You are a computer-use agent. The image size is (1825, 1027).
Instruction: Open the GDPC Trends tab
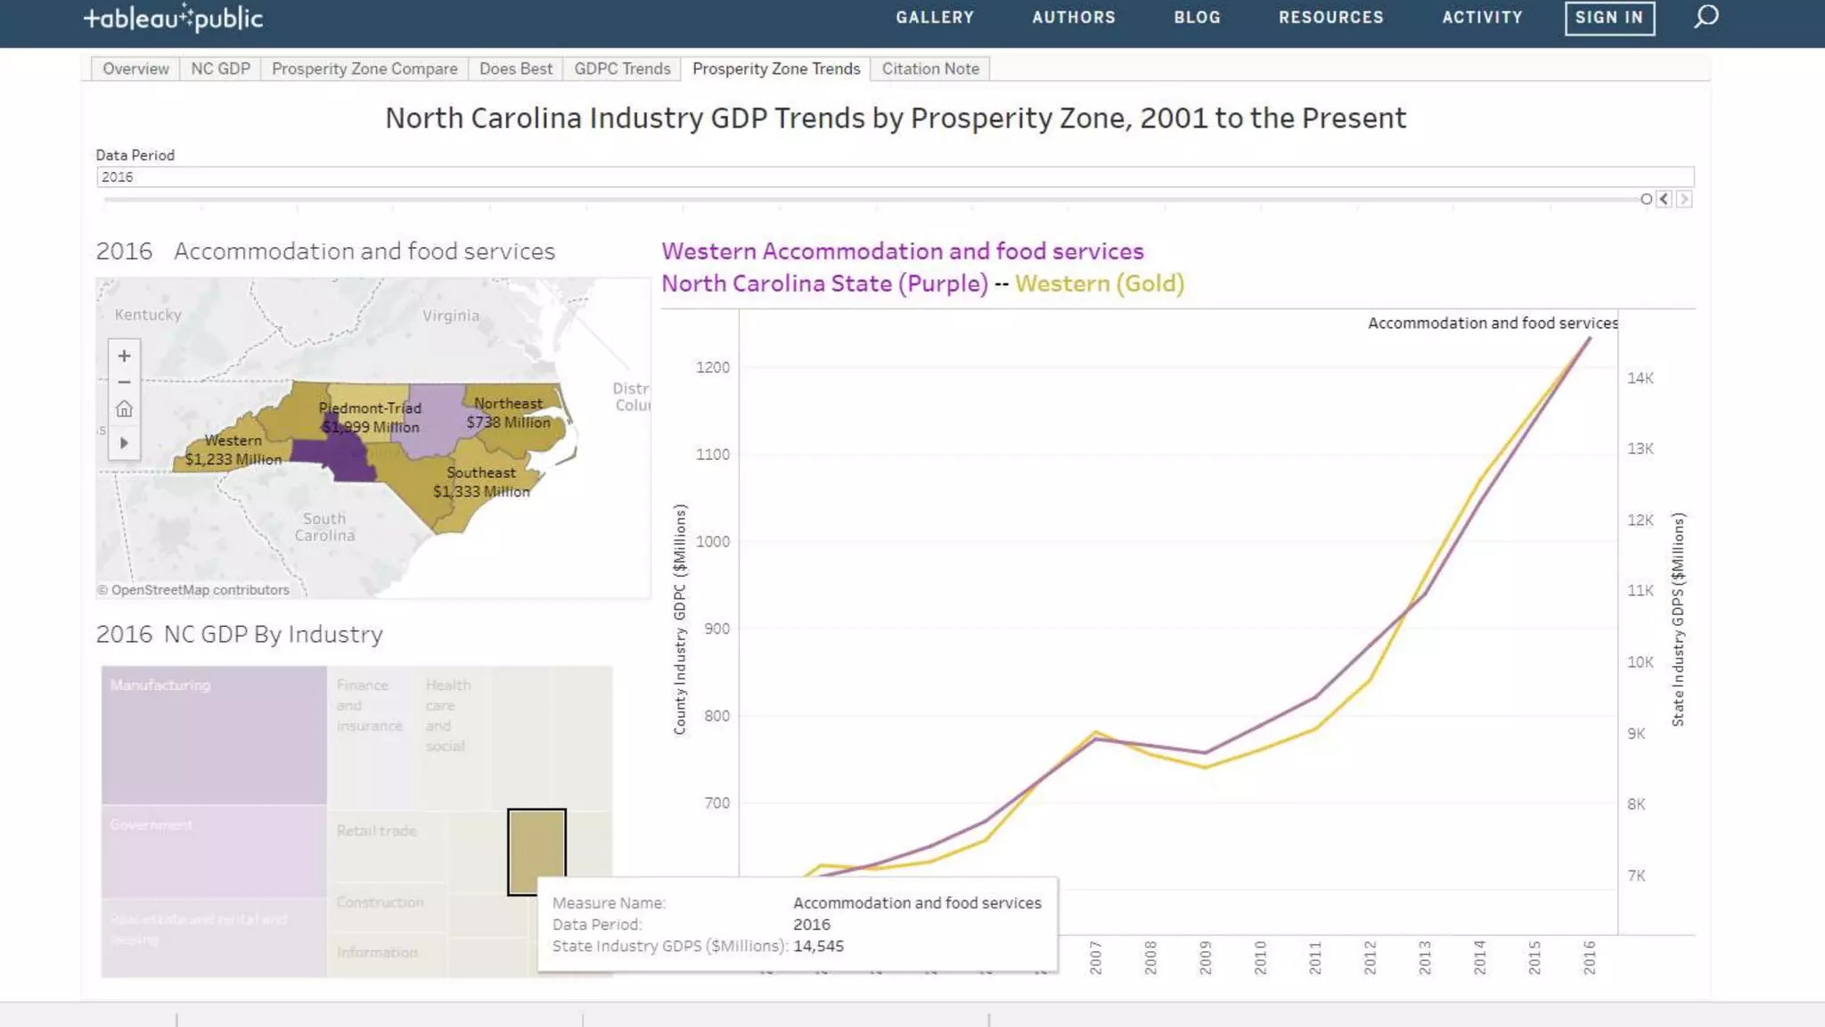622,69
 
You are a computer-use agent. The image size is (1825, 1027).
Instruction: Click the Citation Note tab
929,69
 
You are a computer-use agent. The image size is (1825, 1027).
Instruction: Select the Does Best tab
515,69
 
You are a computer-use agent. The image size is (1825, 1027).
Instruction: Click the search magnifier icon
1706,17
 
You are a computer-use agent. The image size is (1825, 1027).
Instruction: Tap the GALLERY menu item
935,17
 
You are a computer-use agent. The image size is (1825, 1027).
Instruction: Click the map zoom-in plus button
124,356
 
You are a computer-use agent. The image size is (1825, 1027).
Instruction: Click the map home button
124,409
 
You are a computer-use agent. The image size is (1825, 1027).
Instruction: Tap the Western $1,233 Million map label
233,450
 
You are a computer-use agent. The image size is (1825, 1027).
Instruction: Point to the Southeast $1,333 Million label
481,482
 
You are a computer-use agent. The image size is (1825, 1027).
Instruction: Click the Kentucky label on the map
148,315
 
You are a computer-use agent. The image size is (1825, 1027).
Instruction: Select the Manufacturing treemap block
214,735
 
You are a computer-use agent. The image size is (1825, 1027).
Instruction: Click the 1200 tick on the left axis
712,367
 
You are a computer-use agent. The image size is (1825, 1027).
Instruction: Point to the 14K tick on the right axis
1640,378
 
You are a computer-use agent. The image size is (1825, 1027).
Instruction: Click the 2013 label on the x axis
1424,957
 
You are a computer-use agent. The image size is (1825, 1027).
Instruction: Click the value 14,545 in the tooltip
818,946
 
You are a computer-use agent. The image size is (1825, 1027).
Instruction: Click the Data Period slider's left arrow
1664,200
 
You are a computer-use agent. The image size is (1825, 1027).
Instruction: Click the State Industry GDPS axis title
1678,620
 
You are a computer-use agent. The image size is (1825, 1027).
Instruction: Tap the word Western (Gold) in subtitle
1099,283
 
